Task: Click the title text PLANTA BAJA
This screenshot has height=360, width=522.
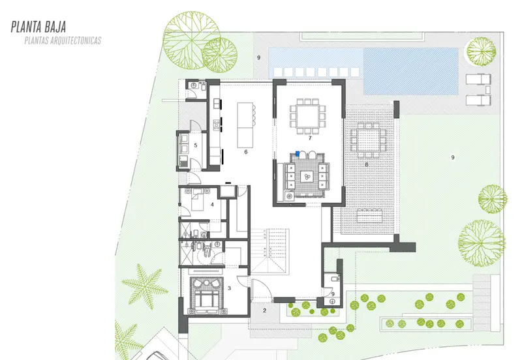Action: click(38, 27)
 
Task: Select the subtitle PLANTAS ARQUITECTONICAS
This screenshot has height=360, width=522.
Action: click(63, 40)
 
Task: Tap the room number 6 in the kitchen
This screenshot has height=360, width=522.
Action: click(246, 152)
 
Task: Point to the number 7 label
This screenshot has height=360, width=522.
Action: click(310, 138)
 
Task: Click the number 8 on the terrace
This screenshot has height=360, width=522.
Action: click(367, 164)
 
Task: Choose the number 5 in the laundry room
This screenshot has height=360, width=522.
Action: click(195, 145)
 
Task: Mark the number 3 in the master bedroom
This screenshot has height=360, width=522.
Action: click(229, 288)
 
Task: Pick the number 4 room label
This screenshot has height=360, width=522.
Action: click(212, 205)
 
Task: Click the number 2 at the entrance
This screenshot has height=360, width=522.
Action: click(265, 310)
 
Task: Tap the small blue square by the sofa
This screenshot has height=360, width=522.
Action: click(298, 154)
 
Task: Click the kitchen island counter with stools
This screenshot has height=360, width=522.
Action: click(245, 125)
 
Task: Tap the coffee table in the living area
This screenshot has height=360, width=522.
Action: click(306, 177)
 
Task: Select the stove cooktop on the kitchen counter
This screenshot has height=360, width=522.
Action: click(217, 125)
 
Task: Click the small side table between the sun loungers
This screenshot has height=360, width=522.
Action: click(487, 90)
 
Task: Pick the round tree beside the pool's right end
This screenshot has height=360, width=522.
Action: click(481, 52)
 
